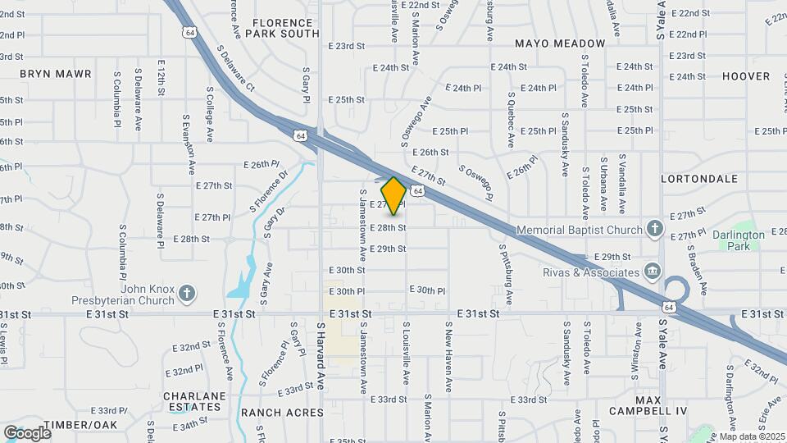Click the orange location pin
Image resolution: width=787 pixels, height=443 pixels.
(x=393, y=195)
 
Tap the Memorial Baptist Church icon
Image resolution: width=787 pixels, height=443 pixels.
(x=654, y=228)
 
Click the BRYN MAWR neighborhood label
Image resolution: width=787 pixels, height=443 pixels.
(x=56, y=74)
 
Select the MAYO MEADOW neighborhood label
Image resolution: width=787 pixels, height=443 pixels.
(x=560, y=43)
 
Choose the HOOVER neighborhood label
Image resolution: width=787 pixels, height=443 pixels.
(x=746, y=76)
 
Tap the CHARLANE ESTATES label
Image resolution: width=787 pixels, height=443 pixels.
(x=193, y=401)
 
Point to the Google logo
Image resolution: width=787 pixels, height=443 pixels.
(x=27, y=432)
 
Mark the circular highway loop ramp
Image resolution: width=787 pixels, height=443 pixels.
(x=677, y=291)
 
